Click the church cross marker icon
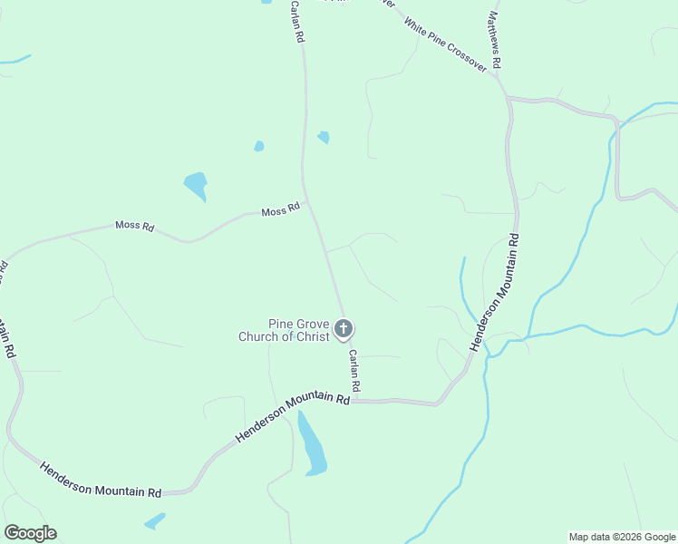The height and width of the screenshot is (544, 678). [x=344, y=328]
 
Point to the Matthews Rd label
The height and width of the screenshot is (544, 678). [x=494, y=41]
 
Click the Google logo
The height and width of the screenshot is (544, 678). [x=30, y=533]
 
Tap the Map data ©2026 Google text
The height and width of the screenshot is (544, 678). [x=622, y=537]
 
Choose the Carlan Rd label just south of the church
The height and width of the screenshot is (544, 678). [x=355, y=371]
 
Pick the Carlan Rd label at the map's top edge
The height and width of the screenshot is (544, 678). [x=295, y=22]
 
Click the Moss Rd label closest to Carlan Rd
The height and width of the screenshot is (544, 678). [x=280, y=211]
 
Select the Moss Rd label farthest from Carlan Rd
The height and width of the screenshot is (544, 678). [x=134, y=225]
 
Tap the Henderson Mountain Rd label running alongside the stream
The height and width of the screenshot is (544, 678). [x=494, y=292]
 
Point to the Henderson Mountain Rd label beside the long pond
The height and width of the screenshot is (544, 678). [x=292, y=417]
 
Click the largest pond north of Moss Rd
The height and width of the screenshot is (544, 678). [x=196, y=185]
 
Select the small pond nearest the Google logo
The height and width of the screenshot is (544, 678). [x=155, y=520]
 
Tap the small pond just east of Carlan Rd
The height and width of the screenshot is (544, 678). [x=324, y=137]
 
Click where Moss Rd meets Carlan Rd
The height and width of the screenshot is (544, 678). [x=307, y=204]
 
